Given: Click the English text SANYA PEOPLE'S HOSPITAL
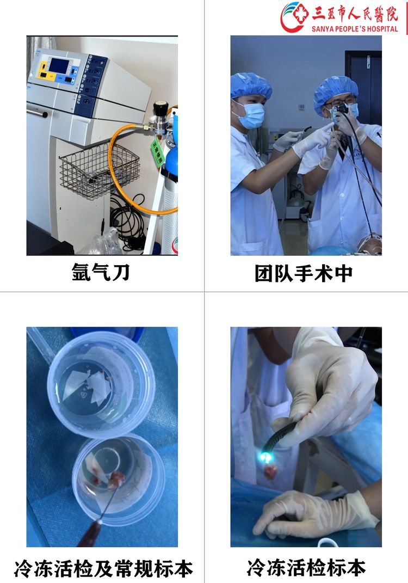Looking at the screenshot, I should [x=355, y=28].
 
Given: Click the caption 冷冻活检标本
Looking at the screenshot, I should [x=306, y=568].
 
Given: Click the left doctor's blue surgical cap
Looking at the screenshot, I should [x=251, y=85].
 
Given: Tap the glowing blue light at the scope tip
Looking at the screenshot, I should [x=267, y=457].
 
